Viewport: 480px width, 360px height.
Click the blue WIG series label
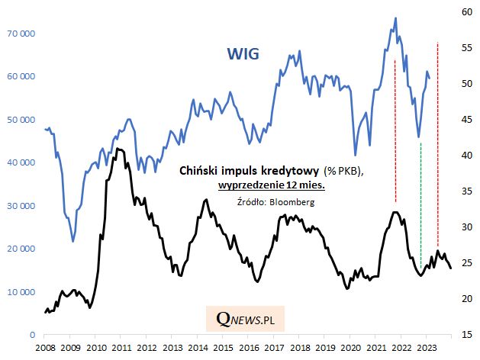(243, 54)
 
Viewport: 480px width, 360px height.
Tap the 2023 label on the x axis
(426, 348)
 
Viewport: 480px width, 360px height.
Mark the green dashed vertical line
(421, 206)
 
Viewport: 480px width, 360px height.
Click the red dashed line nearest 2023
(437, 137)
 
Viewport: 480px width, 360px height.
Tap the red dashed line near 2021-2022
(395, 130)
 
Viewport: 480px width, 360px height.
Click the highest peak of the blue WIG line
(395, 18)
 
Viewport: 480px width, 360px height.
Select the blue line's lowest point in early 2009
(72, 241)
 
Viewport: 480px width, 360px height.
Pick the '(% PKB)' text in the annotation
(341, 171)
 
